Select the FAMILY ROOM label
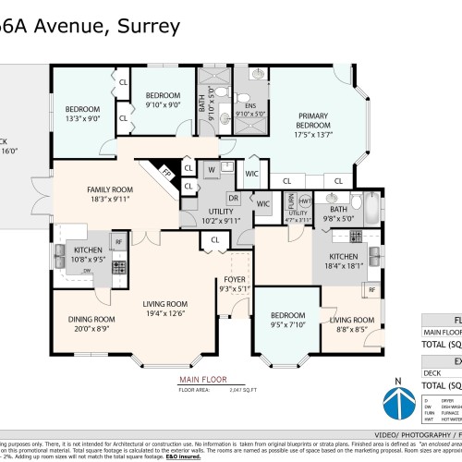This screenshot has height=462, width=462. pos(110,189)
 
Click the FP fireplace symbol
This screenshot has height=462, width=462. pos(167,172)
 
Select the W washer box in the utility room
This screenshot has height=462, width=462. pos(212,170)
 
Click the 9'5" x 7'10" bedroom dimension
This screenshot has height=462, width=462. pos(287,323)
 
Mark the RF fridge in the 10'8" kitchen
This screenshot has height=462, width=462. pos(118,242)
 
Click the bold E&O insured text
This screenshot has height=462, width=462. pos(228,456)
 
